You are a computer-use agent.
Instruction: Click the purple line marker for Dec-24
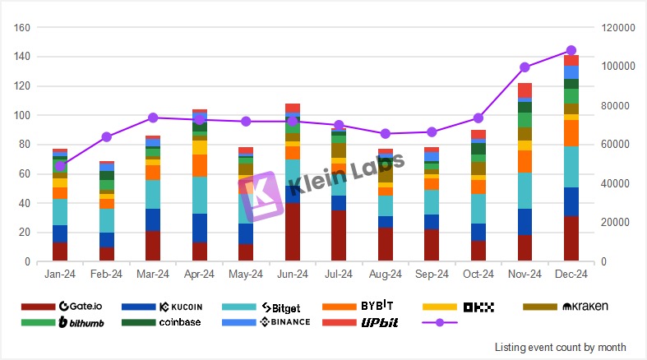tap(571, 50)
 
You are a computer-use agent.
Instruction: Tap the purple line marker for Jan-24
tap(60, 166)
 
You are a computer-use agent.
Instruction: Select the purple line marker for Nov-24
tap(525, 67)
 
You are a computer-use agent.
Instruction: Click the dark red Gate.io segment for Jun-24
tap(293, 233)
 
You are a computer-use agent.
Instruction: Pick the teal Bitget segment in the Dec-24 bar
tap(571, 167)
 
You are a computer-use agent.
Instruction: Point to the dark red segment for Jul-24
tap(339, 236)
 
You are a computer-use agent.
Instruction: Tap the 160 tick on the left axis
tap(23, 27)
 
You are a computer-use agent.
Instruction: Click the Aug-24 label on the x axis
tap(386, 273)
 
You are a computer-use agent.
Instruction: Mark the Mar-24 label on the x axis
tap(153, 273)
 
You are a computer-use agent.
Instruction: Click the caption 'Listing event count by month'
tap(560, 348)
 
